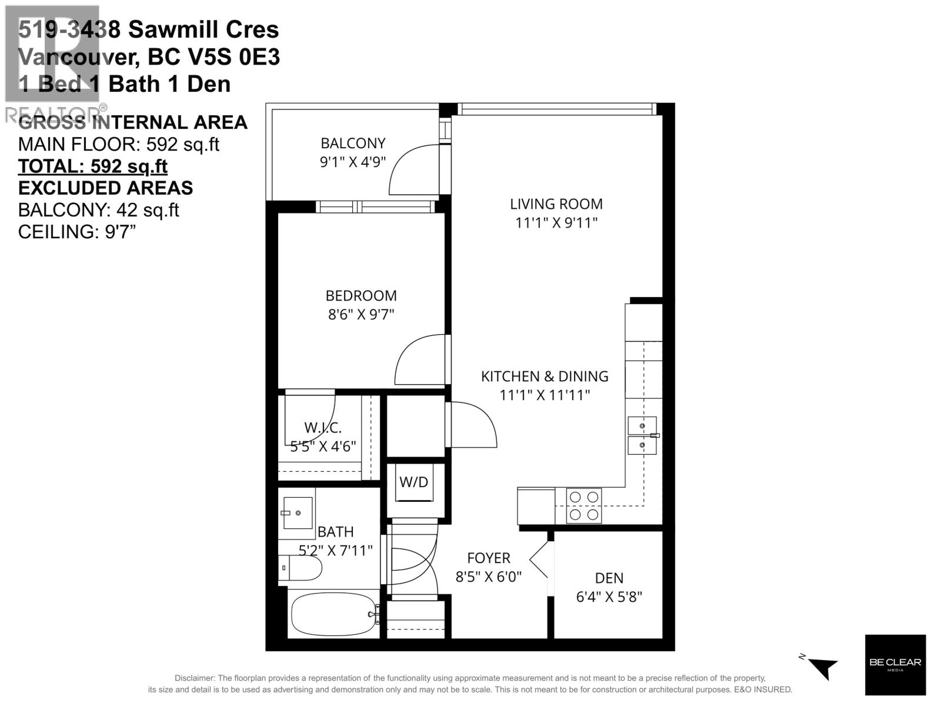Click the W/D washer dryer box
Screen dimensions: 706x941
coord(413,482)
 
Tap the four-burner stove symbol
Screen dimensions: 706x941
coord(583,505)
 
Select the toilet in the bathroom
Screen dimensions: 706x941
coord(301,568)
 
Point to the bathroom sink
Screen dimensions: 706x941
coord(296,513)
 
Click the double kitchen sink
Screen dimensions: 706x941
coord(642,435)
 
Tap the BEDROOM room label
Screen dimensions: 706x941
coord(361,295)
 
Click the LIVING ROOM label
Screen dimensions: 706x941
coord(556,204)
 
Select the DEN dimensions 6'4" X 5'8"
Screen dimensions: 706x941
coord(609,597)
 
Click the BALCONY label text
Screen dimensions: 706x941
coord(353,143)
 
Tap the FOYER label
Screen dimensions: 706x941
coord(489,558)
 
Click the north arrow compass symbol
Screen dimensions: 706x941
coord(821,667)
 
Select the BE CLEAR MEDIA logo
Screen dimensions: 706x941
coord(895,665)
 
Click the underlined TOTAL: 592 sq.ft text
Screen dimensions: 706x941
coord(93,166)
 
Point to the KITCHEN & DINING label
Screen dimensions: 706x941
coord(545,377)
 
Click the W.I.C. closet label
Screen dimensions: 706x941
coord(323,428)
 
